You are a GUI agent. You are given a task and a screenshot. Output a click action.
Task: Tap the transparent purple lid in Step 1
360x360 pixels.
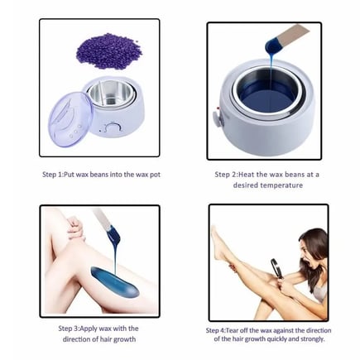70,121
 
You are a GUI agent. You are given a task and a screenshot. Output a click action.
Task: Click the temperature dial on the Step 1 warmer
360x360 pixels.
112,127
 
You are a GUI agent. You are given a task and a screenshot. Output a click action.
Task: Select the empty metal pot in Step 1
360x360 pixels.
112,93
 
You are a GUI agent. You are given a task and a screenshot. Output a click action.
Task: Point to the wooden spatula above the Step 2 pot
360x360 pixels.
292,35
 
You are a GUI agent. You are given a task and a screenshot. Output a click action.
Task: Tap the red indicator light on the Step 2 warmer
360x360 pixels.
218,109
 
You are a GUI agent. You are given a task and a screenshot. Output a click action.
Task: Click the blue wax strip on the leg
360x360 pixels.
115,281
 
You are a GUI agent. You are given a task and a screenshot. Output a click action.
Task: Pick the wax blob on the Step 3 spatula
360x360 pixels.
113,234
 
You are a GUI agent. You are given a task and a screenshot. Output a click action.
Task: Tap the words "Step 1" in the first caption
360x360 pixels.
52,175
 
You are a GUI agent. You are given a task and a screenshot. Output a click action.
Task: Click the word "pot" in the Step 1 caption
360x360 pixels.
155,175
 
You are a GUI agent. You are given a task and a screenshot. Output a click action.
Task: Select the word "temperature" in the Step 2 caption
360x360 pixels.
281,185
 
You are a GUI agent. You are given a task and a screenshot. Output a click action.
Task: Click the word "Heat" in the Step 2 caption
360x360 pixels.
247,175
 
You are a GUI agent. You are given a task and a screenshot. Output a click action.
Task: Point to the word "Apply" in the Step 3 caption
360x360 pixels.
89,329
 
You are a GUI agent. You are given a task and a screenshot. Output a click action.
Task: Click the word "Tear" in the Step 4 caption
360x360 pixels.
233,330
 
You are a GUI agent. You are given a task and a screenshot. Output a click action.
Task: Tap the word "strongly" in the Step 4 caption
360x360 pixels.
311,339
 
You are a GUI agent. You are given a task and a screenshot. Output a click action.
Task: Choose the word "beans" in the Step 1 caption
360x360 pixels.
98,175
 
